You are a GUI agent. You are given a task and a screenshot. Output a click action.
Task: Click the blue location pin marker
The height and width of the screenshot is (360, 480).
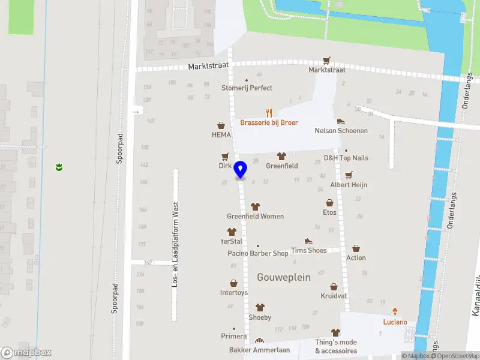[x=241, y=170]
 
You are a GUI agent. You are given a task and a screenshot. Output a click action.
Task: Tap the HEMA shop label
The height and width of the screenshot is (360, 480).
[x=221, y=135]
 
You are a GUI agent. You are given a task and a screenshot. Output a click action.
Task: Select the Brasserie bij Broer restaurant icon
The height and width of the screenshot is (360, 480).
[x=269, y=112]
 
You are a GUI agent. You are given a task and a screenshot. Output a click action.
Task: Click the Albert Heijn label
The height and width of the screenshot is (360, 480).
[x=349, y=185]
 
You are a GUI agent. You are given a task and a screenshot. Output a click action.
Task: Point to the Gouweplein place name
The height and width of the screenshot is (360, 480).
[x=283, y=277]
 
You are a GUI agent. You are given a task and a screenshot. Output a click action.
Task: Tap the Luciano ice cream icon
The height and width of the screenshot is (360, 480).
[x=395, y=311]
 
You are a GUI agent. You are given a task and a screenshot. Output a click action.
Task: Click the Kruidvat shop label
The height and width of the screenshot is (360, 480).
[x=334, y=296]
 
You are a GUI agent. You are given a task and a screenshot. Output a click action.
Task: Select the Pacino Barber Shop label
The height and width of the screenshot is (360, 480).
[x=258, y=253]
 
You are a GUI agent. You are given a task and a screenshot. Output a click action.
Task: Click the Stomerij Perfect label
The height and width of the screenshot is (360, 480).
[x=247, y=88]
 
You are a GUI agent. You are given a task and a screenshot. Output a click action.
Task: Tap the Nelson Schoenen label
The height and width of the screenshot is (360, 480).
[x=341, y=130]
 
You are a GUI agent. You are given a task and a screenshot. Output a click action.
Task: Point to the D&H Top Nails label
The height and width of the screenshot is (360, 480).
[x=346, y=158]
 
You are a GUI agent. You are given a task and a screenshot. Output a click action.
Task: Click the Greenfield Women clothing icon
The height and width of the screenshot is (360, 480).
[x=256, y=206]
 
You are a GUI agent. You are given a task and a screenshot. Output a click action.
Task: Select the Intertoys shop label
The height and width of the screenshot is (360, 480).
[x=233, y=293]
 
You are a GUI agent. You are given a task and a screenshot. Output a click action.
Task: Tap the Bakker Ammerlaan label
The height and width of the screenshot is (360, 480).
[x=259, y=350]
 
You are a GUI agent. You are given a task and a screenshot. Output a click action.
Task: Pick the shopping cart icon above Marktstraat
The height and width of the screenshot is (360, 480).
[x=326, y=61]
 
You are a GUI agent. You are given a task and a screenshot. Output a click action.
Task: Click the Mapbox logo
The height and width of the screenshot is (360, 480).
[x=26, y=352]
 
